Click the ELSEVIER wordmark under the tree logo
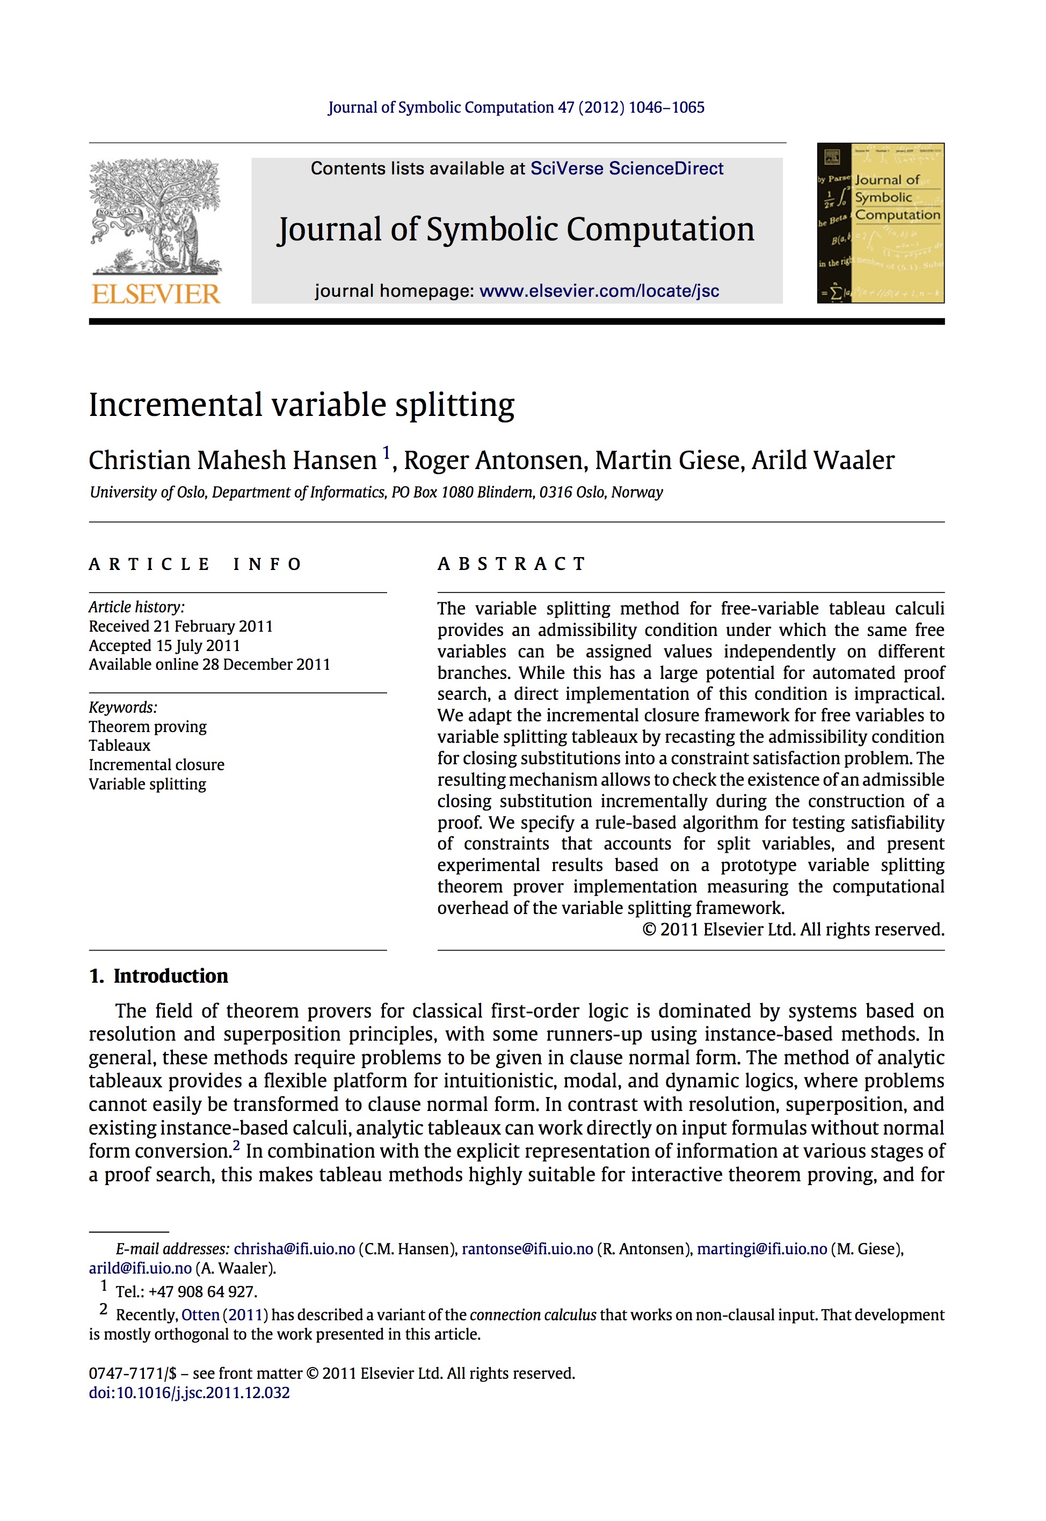(156, 294)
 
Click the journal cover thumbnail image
(880, 223)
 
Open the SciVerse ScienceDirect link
(627, 169)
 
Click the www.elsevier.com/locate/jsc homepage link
(599, 291)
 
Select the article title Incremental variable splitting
(301, 405)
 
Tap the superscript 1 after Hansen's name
(387, 452)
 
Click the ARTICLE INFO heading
(195, 564)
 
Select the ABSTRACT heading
(512, 564)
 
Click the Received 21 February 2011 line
(181, 626)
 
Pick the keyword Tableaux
(120, 745)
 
